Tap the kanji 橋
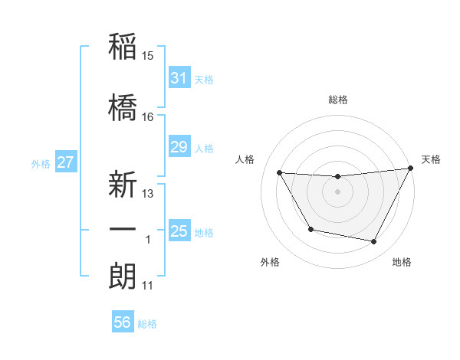coord(123,107)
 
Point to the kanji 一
coord(123,230)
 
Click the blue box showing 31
coord(179,77)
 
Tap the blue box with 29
coord(179,147)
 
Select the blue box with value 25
coord(179,231)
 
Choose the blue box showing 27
coord(65,162)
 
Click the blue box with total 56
coord(123,322)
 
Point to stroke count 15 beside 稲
coord(148,55)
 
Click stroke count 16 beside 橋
coord(148,117)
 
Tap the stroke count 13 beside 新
coord(148,194)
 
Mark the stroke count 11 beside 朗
coord(147,286)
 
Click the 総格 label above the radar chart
coord(338,100)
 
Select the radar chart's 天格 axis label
coord(431,159)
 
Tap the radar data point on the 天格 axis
coord(410,169)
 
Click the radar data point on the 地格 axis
coord(374,242)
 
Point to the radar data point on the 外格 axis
coord(310,229)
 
